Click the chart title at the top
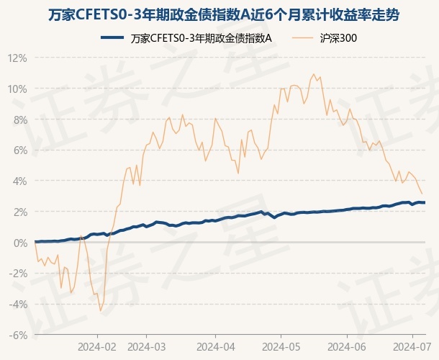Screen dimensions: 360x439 219,14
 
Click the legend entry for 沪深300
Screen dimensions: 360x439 338,39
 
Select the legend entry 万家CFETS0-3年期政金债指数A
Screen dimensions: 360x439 202,39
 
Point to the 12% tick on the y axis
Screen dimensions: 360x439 18,58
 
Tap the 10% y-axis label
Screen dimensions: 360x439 18,89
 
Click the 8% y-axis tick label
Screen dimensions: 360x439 20,120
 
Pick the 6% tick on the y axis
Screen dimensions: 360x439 20,150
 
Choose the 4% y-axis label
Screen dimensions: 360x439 20,181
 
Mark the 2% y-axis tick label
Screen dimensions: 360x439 20,212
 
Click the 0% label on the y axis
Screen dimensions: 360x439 20,243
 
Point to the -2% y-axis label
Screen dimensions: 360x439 19,274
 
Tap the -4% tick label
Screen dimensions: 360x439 19,304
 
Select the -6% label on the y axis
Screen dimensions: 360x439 19,335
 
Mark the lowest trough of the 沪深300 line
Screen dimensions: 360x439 101,310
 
